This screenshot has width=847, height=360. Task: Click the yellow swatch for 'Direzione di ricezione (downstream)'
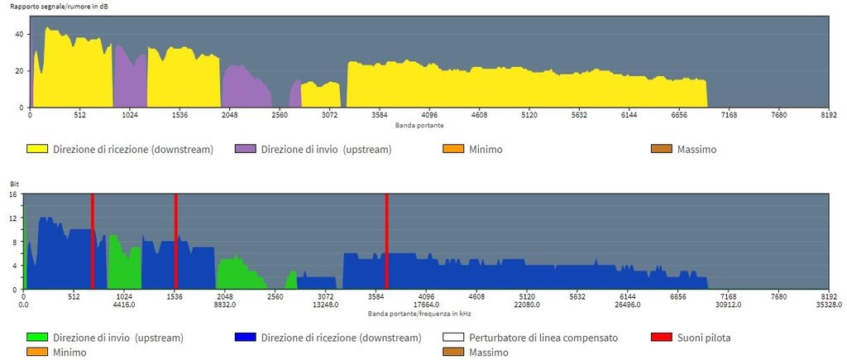pyautogui.click(x=36, y=150)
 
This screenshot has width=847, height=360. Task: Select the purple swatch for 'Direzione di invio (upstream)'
pyautogui.click(x=246, y=150)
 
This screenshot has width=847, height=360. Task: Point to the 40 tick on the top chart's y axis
pyautogui.click(x=22, y=34)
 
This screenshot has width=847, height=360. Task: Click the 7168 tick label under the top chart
pyautogui.click(x=729, y=116)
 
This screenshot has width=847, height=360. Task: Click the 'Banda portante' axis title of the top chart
pyautogui.click(x=419, y=125)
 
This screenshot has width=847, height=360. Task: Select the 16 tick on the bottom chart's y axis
pyautogui.click(x=13, y=194)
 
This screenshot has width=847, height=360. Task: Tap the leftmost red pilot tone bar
pyautogui.click(x=93, y=241)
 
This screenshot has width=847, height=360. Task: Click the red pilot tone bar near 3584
pyautogui.click(x=386, y=241)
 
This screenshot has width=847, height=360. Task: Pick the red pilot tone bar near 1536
pyautogui.click(x=176, y=241)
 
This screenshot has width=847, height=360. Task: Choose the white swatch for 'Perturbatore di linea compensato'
pyautogui.click(x=453, y=338)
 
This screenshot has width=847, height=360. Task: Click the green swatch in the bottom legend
pyautogui.click(x=36, y=338)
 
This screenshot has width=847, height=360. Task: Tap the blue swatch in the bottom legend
pyautogui.click(x=246, y=338)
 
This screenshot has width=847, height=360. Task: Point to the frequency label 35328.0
pyautogui.click(x=828, y=305)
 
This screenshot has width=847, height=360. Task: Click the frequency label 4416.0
pyautogui.click(x=124, y=305)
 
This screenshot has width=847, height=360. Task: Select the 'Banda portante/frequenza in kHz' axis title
pyautogui.click(x=419, y=314)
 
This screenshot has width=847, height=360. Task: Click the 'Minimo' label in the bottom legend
pyautogui.click(x=70, y=353)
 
